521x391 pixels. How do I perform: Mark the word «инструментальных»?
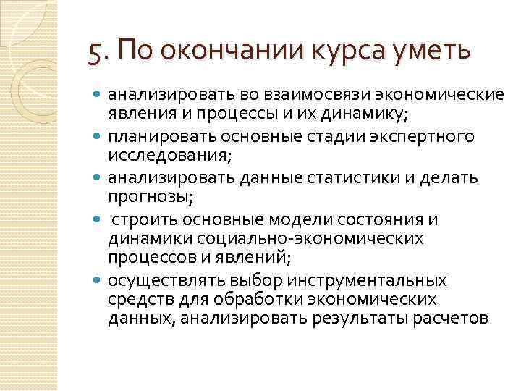365,279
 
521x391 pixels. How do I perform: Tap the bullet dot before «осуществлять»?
97,279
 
